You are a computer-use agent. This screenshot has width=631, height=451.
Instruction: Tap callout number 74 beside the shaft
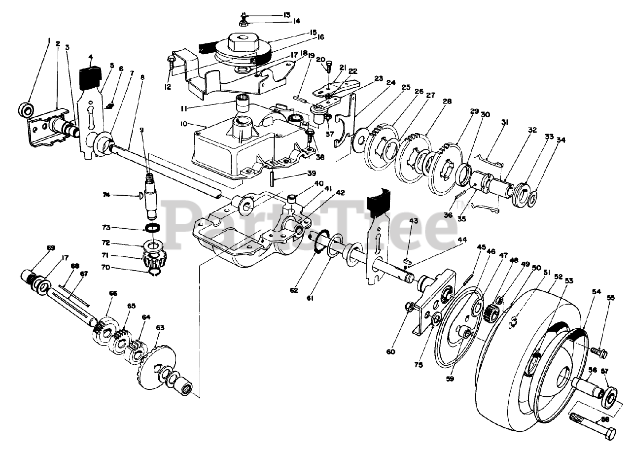119,196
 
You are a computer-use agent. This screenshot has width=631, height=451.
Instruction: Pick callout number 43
413,220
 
